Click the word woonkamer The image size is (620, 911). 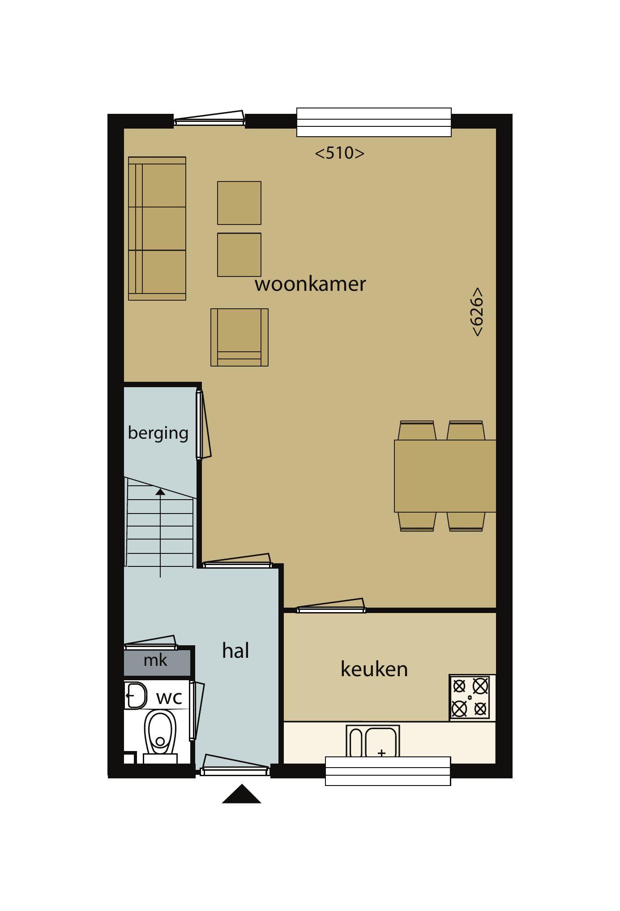[310, 284]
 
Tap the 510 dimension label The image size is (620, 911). [340, 153]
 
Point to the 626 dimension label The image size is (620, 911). [477, 312]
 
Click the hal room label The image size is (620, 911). [235, 650]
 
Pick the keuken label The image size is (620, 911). [374, 669]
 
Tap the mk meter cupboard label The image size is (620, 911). [155, 660]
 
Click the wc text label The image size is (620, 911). [169, 698]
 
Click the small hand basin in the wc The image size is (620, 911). [135, 695]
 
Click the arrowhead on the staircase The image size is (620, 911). [160, 492]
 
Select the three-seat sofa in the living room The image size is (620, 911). [157, 229]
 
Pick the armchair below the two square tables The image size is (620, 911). [239, 337]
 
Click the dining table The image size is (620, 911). [445, 476]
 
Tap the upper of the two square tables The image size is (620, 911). [239, 203]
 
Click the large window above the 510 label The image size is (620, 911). [374, 122]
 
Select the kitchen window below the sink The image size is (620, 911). [388, 771]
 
